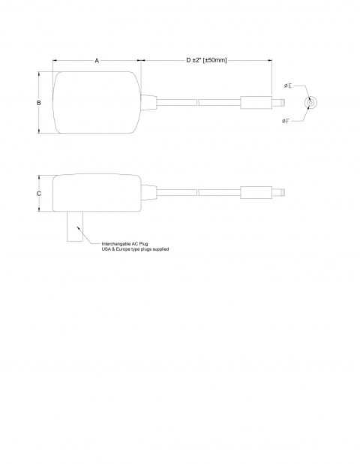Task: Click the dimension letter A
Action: click(97, 61)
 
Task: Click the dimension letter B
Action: click(39, 103)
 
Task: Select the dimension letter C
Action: click(39, 194)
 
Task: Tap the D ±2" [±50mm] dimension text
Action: click(206, 60)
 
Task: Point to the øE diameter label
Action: click(288, 86)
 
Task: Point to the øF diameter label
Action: click(286, 121)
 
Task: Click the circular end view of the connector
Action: click(311, 103)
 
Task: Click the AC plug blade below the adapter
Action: click(75, 227)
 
